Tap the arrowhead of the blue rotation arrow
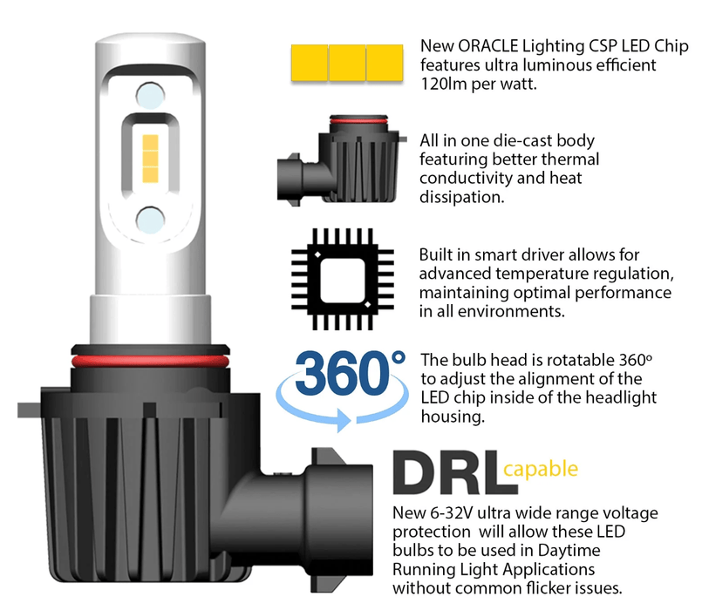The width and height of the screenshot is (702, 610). point(349,420)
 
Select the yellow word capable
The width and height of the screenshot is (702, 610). point(541,471)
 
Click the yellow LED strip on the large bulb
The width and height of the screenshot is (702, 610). point(149,157)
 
